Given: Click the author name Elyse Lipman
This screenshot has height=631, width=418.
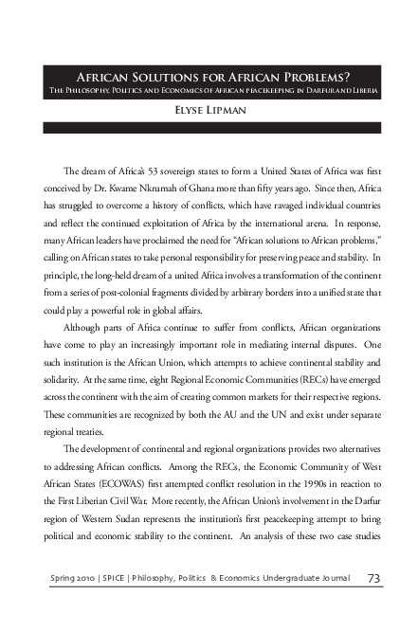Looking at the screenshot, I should coord(209,108).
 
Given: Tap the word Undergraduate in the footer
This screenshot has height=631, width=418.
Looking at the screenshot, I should coord(292,578).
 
